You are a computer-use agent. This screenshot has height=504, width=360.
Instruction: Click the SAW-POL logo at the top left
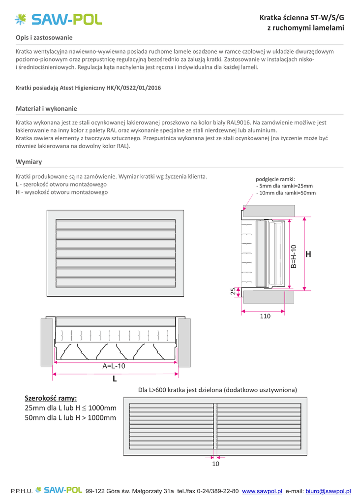point(59,20)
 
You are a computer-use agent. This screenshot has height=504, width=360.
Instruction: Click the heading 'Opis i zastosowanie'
point(44,37)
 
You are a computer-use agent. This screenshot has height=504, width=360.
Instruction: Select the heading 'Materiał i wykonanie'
point(46,109)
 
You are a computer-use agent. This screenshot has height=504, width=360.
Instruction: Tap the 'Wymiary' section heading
point(29,161)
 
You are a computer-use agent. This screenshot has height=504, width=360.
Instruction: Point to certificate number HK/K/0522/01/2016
point(134,88)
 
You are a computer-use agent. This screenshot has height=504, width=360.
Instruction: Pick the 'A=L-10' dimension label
point(114,366)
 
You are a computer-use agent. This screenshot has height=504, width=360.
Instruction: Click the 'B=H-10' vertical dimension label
point(294,256)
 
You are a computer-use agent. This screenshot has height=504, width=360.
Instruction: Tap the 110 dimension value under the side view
point(265,316)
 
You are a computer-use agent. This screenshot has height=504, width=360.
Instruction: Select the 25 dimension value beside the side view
point(233,291)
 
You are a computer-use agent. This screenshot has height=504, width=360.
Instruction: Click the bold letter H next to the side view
point(308,254)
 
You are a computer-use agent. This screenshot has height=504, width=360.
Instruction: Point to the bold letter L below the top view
point(115,379)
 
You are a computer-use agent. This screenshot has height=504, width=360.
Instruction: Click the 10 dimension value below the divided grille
point(215,464)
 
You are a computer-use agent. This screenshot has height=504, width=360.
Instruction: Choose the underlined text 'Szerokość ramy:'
point(51,399)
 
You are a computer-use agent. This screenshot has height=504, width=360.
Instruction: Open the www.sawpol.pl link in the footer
point(262,491)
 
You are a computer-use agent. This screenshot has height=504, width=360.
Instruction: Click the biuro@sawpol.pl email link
point(328,491)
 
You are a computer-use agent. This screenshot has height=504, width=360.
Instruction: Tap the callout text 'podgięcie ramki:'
point(275,179)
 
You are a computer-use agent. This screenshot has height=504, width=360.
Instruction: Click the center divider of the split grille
point(215,426)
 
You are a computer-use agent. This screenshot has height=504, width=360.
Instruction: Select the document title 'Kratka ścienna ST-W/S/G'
point(302,18)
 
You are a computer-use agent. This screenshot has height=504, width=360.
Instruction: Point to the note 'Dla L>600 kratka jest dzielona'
point(181,390)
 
